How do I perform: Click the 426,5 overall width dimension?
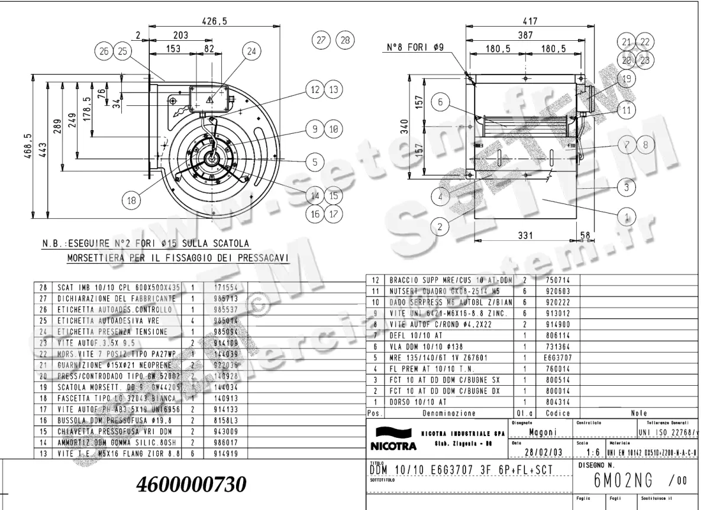214,21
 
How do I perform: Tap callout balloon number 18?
131,201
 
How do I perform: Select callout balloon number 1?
628,214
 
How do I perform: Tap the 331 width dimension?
525,235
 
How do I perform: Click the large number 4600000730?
191,485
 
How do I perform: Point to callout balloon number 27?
322,40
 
